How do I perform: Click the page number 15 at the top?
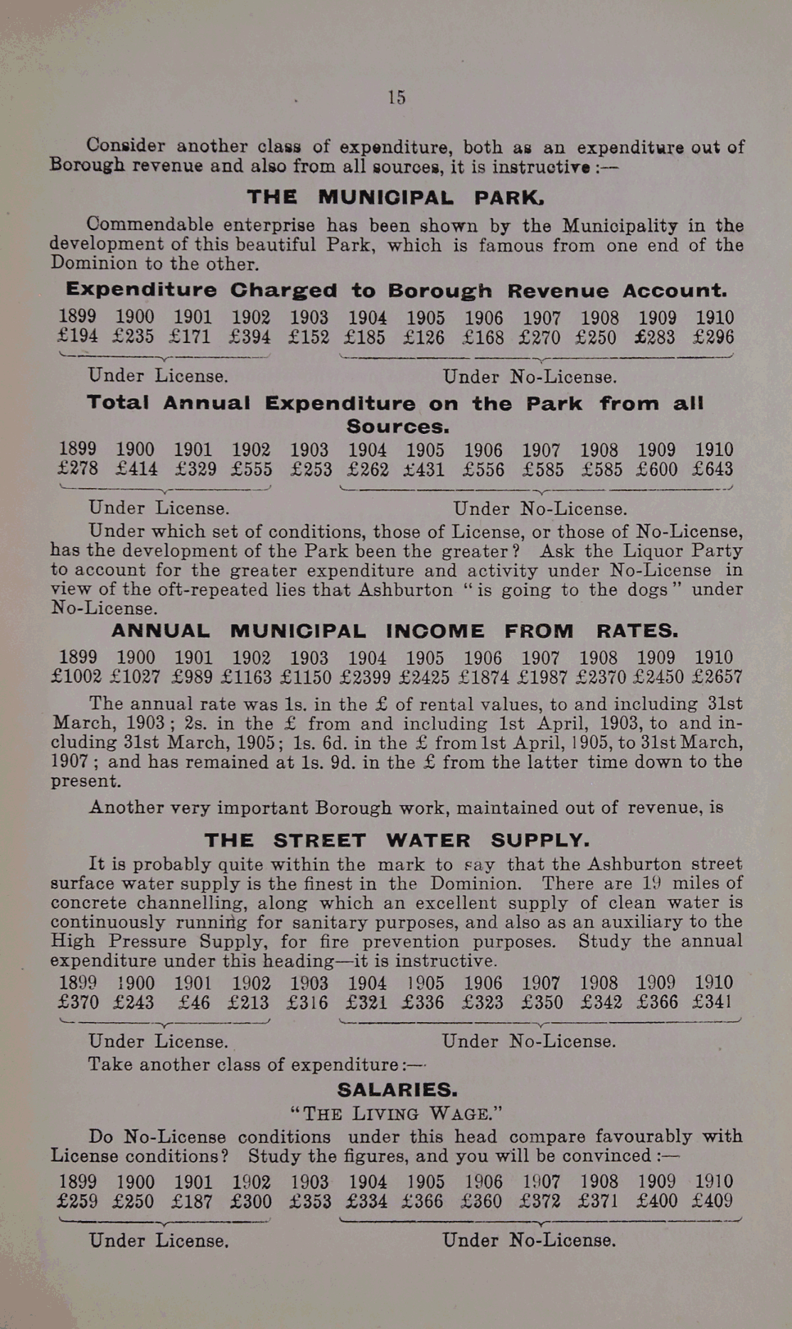pyautogui.click(x=397, y=98)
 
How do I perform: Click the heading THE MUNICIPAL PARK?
pyautogui.click(x=396, y=197)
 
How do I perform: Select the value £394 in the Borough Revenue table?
pyautogui.click(x=251, y=337)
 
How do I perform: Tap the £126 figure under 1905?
pyautogui.click(x=424, y=337)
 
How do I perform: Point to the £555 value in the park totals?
pyautogui.click(x=251, y=470)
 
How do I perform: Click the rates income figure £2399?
pyautogui.click(x=368, y=677)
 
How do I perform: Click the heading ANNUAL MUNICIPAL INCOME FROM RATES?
pyautogui.click(x=395, y=631)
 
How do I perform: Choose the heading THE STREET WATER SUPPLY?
pyautogui.click(x=397, y=841)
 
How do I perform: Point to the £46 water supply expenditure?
pyautogui.click(x=194, y=1003)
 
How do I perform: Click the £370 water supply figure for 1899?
pyautogui.click(x=77, y=1003)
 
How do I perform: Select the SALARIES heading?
pyautogui.click(x=397, y=1090)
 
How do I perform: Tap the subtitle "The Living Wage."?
pyautogui.click(x=396, y=1113)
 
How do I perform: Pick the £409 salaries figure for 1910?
pyautogui.click(x=712, y=1202)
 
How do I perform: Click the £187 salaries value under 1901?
pyautogui.click(x=193, y=1202)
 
